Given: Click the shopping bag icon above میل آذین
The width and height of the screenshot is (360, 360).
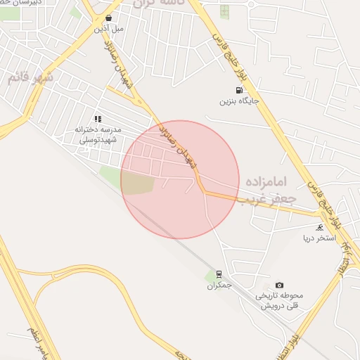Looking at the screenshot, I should click(108, 18).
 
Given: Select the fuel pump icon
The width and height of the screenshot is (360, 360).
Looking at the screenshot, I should click(240, 90).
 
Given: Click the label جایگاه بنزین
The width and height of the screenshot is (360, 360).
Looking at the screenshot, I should click(240, 101).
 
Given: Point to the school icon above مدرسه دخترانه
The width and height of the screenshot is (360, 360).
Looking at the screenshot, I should click(98, 120).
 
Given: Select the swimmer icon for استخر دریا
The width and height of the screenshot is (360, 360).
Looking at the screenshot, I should click(321, 227).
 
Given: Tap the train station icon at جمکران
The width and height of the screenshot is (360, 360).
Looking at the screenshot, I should click(219, 274).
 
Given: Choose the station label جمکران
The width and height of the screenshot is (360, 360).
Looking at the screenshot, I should click(219, 285).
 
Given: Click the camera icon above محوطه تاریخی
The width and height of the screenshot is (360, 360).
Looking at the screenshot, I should click(280, 285).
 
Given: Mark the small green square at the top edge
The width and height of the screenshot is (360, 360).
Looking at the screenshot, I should click(224, 11).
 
